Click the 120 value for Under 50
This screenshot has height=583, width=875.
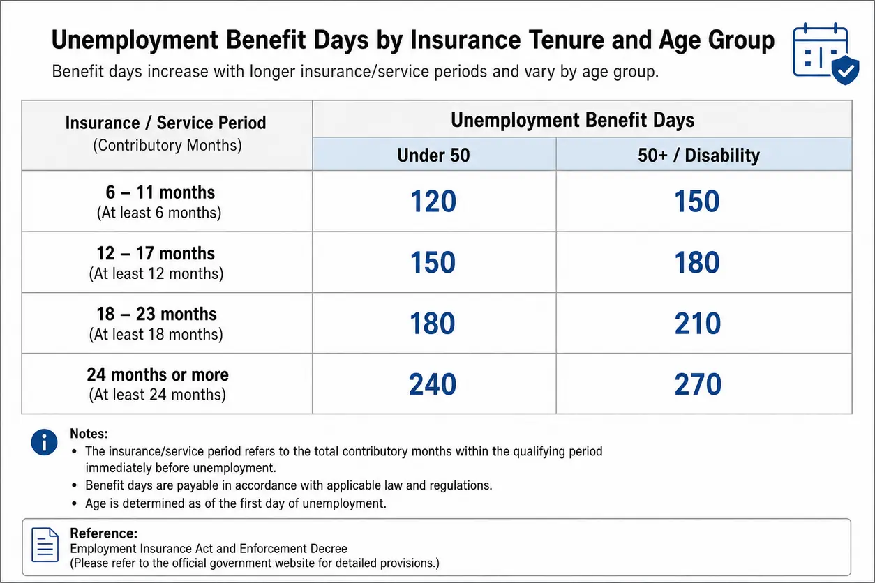click(x=433, y=201)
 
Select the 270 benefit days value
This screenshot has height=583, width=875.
click(x=698, y=384)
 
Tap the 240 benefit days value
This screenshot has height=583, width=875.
click(x=433, y=384)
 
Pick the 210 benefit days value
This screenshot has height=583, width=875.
click(x=698, y=324)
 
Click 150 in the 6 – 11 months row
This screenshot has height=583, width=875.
click(x=697, y=201)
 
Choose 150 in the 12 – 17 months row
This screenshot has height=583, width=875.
click(x=433, y=262)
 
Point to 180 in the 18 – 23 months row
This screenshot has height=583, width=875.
click(x=433, y=324)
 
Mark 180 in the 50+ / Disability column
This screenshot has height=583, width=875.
click(x=697, y=262)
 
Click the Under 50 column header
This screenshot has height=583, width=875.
click(x=433, y=155)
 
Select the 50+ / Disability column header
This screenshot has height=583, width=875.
click(x=699, y=155)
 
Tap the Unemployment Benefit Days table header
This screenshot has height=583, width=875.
click(x=573, y=120)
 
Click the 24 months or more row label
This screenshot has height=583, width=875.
click(x=158, y=374)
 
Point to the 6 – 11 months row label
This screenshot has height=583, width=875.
click(x=160, y=192)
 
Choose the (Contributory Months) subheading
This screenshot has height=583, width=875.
click(x=167, y=145)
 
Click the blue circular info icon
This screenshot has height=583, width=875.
click(x=44, y=442)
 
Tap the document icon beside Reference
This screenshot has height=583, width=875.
click(x=45, y=545)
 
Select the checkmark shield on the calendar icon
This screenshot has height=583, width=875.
click(x=845, y=70)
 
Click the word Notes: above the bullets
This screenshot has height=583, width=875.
click(x=89, y=434)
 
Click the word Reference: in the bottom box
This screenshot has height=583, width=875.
click(x=103, y=533)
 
